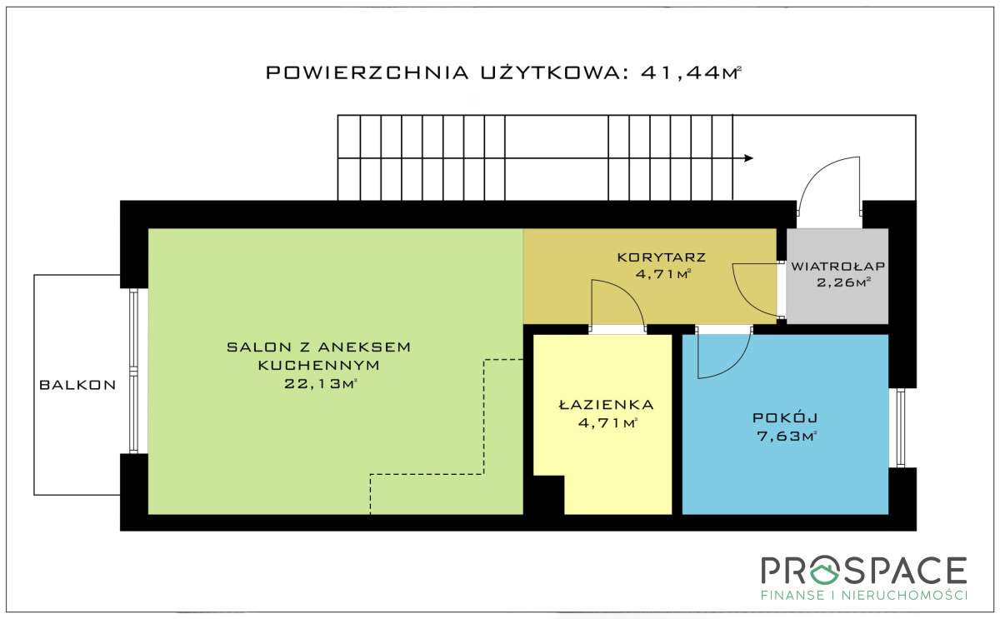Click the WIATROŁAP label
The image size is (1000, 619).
(x=837, y=267)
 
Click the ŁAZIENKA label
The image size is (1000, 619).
(x=606, y=405)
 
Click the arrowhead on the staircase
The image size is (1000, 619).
(x=748, y=157)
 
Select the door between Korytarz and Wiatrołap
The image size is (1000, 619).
(x=781, y=290)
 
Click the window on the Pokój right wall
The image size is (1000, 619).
(x=900, y=427)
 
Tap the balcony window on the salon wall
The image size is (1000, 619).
(x=133, y=371)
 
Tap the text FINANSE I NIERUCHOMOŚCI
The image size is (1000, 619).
(x=863, y=595)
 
